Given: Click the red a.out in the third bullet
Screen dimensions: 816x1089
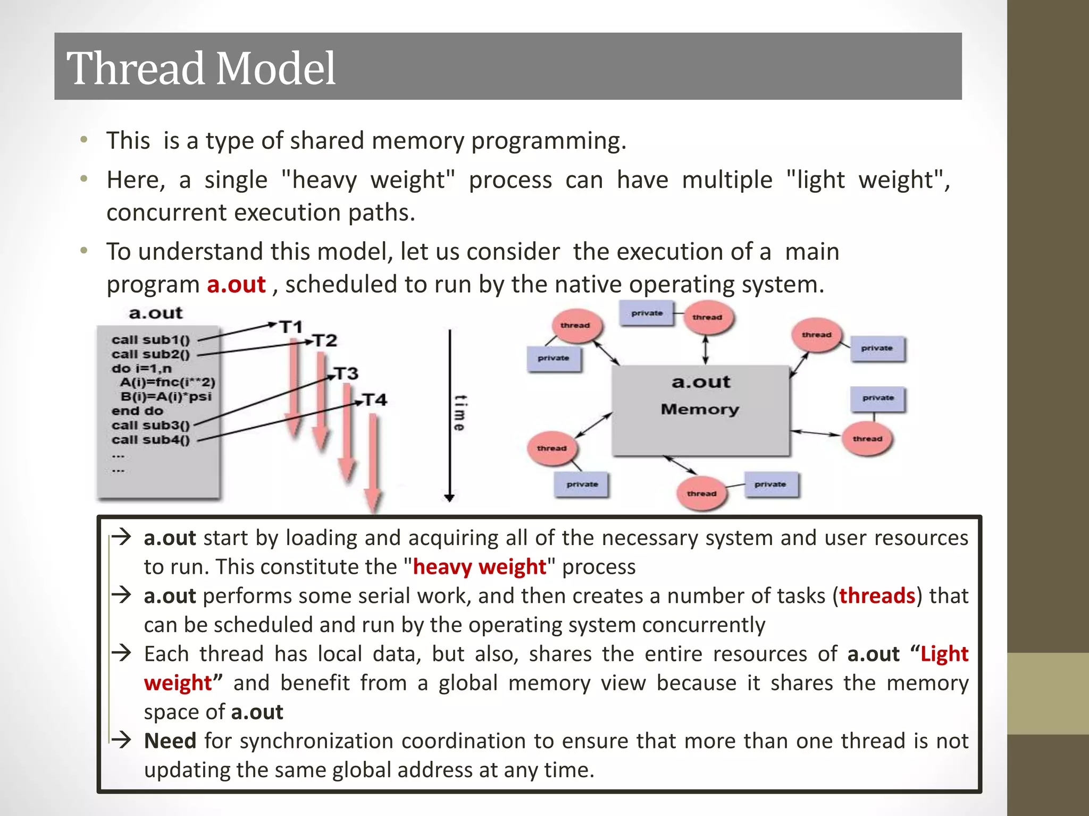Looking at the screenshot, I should click(236, 285).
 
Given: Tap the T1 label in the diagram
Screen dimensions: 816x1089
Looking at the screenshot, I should click(291, 327).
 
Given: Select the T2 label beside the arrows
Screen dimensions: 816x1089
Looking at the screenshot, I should click(324, 340).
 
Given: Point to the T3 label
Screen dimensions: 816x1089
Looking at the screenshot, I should click(346, 373).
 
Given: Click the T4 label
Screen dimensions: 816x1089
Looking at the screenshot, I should click(375, 399).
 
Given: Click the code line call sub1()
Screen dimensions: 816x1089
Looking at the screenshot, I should click(150, 339).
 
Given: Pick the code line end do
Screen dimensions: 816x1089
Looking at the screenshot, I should click(137, 411).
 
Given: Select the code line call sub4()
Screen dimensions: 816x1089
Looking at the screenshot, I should click(150, 439).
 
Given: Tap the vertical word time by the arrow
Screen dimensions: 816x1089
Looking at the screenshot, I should click(460, 413).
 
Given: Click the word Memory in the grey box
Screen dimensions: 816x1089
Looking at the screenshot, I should click(700, 409).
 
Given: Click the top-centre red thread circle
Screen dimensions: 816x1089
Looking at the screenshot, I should click(707, 318).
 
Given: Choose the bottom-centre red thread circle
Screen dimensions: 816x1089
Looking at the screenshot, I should click(701, 494).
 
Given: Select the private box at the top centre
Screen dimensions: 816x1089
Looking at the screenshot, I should click(647, 313).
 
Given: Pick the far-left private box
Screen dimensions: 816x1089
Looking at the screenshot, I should click(554, 358).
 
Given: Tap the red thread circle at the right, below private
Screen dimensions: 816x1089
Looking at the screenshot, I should click(867, 439).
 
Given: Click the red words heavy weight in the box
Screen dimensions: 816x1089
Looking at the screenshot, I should click(479, 567).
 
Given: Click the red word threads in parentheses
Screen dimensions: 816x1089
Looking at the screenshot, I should click(877, 596).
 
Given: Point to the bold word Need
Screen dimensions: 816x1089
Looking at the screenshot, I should click(170, 741).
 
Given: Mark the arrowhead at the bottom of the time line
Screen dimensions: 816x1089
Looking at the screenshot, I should click(449, 498).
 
